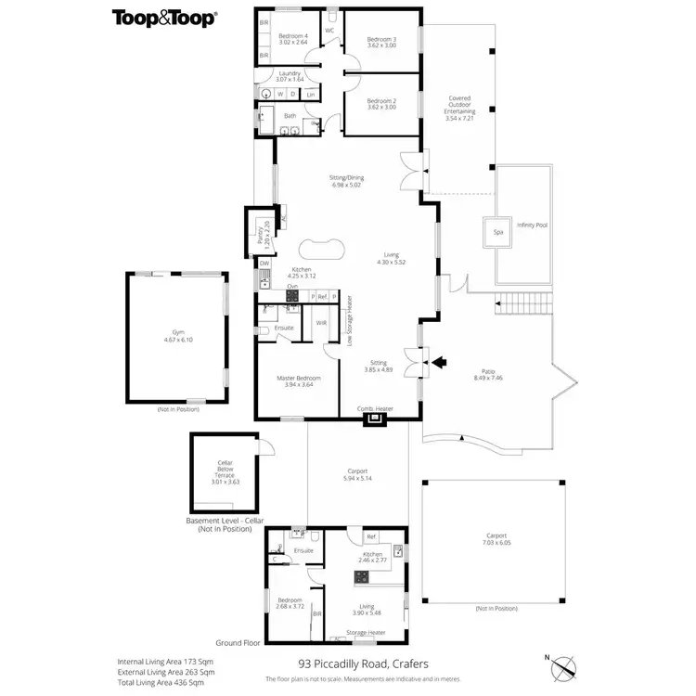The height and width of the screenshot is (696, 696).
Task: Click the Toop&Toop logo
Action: click(x=164, y=18)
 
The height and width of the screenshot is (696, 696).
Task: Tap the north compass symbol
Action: click(x=562, y=666)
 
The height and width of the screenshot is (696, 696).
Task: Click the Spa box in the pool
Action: click(x=497, y=232)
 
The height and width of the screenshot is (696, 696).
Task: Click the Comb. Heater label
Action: click(x=376, y=407)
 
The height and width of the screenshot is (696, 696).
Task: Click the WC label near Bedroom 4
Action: click(x=329, y=30)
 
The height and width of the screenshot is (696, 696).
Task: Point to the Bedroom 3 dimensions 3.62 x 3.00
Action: click(x=380, y=45)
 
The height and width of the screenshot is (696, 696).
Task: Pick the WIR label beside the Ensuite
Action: click(x=321, y=323)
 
